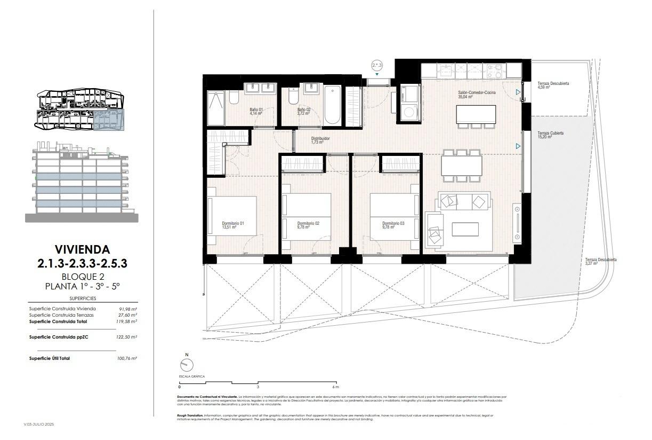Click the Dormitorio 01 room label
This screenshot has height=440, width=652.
tap(232, 223)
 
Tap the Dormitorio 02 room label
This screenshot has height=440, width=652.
tap(308, 223)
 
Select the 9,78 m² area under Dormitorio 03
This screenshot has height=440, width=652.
tap(388, 227)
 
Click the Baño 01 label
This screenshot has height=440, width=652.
tap(256, 109)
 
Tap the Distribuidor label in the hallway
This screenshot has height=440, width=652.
tap(320, 138)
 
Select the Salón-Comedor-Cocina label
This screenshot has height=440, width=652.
tap(477, 93)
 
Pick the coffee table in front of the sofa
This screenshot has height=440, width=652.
tap(465, 229)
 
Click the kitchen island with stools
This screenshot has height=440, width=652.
tap(476, 114)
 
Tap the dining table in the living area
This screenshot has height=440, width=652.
tap(462, 166)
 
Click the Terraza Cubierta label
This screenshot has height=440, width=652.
tap(550, 133)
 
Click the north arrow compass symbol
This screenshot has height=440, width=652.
tap(187, 365)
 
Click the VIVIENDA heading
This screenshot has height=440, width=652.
tap(82, 249)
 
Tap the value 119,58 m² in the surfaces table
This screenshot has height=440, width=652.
tap(127, 321)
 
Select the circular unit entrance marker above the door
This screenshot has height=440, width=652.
tap(377, 66)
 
